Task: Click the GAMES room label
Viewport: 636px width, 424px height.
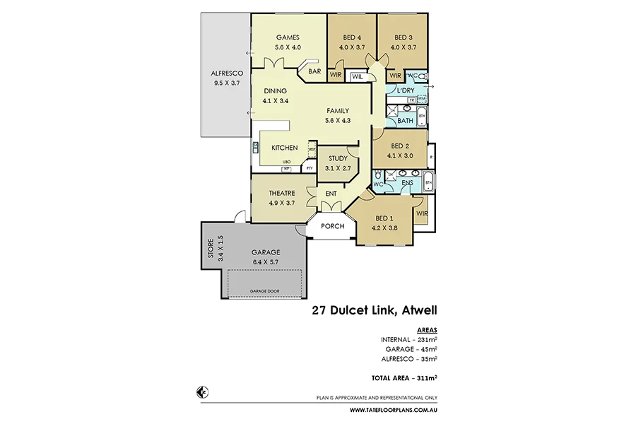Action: (288, 37)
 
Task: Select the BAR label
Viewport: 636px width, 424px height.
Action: (314, 71)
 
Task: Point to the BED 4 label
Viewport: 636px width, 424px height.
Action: (351, 37)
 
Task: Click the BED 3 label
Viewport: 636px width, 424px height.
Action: (403, 37)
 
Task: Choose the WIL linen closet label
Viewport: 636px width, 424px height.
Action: (358, 76)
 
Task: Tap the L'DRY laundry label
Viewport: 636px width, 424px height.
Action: (406, 91)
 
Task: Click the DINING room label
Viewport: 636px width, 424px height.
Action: (275, 91)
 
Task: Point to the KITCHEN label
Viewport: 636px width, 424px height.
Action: (285, 148)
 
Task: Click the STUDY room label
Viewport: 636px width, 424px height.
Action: (336, 158)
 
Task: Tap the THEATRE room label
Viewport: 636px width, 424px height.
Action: (281, 193)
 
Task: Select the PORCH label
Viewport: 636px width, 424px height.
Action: (332, 226)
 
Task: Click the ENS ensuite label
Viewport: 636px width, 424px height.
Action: (407, 184)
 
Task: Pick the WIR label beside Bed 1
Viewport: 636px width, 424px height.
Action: (421, 213)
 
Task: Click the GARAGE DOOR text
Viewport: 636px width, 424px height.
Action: (265, 291)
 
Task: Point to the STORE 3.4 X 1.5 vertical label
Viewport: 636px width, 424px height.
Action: (213, 248)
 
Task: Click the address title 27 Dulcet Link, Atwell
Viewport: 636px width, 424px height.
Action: (375, 310)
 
